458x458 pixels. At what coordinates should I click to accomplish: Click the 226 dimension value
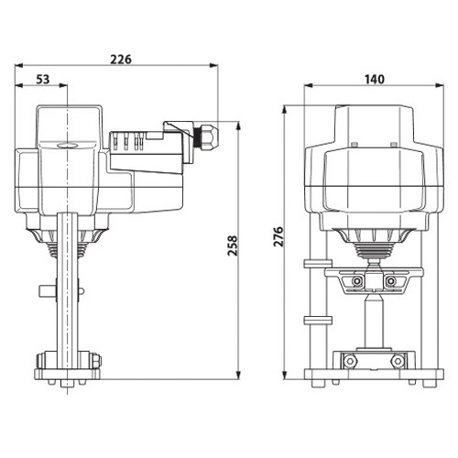coord(121,60)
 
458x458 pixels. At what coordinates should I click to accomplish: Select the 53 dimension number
coord(43,80)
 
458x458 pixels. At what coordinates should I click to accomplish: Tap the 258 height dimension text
coord(232,245)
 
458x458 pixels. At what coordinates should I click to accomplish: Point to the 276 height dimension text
coord(278,236)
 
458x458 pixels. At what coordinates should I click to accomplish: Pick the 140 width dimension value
coord(375,80)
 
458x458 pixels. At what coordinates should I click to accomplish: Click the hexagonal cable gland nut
coord(210,136)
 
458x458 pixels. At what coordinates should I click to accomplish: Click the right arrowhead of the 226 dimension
coord(213,65)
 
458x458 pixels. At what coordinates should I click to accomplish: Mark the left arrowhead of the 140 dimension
coord(309,85)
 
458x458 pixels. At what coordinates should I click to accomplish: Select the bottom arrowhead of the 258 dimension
coord(238,375)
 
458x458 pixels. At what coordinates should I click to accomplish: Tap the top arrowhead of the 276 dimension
coord(285,110)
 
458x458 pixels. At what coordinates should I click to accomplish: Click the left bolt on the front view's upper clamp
coord(356,281)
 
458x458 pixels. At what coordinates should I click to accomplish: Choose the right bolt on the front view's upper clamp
coord(390,281)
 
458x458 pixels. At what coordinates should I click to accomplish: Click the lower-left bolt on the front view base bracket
coord(349,361)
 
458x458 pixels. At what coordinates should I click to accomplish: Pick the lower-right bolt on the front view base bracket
coord(398,361)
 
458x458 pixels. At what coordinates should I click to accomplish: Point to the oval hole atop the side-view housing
coord(67,145)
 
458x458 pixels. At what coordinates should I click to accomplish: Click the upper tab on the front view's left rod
coord(318,264)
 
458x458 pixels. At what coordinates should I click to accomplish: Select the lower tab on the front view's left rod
coord(318,320)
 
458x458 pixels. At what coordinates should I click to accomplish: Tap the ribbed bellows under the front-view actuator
coord(374,249)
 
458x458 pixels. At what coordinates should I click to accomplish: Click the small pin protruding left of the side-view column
coord(48,291)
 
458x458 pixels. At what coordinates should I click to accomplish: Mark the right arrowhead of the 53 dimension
coord(62,85)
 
